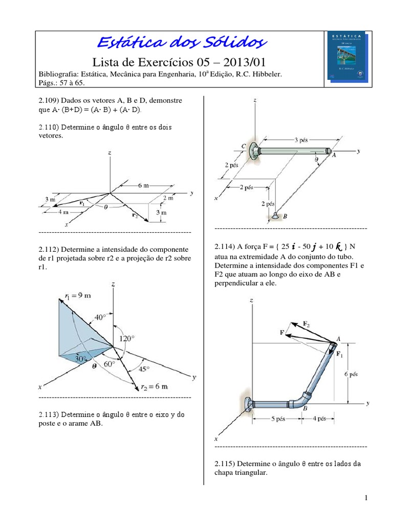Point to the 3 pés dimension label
point(301,140)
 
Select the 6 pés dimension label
point(351,374)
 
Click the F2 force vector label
point(306,323)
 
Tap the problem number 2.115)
point(225,464)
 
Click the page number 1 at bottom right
point(367,498)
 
